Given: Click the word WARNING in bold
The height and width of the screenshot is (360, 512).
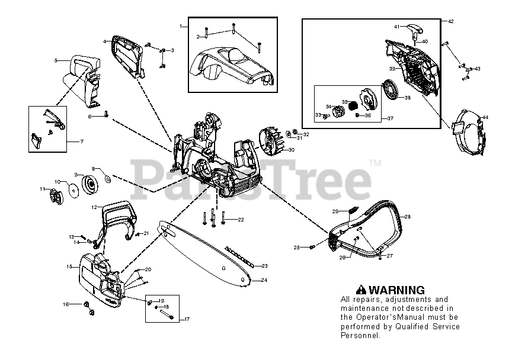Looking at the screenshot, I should pyautogui.click(x=396, y=290).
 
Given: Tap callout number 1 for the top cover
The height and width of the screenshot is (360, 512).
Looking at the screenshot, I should pyautogui.click(x=181, y=27).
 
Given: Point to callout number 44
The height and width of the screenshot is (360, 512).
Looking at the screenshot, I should pyautogui.click(x=485, y=118).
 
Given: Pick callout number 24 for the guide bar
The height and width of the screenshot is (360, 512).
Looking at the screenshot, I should pyautogui.click(x=264, y=280).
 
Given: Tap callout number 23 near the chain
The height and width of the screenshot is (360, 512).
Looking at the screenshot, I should pyautogui.click(x=264, y=266).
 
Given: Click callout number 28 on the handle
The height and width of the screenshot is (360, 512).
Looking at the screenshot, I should pyautogui.click(x=407, y=217).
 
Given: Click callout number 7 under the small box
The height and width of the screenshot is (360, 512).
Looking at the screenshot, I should pyautogui.click(x=81, y=142).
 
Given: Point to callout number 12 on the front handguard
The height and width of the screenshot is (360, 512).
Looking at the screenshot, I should pyautogui.click(x=94, y=207).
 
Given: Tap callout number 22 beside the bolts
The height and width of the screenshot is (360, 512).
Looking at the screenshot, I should pyautogui.click(x=241, y=220).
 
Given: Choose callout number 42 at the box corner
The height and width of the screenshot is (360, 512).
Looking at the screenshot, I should pyautogui.click(x=450, y=21).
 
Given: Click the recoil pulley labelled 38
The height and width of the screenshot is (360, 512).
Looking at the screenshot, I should pyautogui.click(x=391, y=92).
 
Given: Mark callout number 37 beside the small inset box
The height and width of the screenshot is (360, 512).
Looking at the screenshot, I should pyautogui.click(x=391, y=118).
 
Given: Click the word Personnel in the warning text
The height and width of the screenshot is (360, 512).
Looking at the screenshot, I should pyautogui.click(x=360, y=335).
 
